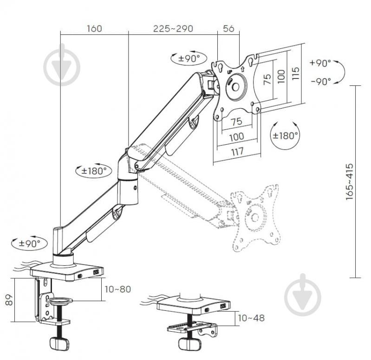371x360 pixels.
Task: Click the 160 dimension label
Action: tap(94, 29)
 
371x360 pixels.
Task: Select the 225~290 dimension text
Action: tap(173, 29)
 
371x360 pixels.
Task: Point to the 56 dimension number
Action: tap(228, 29)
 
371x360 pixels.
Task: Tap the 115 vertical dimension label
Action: tap(295, 74)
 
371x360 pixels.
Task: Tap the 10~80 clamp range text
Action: tap(117, 289)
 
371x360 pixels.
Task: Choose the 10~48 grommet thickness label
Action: tap(252, 318)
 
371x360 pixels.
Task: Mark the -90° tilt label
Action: tap(320, 81)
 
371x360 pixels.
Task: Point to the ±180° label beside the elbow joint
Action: tap(94, 171)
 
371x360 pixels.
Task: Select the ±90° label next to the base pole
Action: tap(29, 243)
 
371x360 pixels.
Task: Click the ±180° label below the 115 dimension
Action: tap(285, 136)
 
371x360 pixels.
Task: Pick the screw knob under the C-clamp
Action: tap(59, 344)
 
